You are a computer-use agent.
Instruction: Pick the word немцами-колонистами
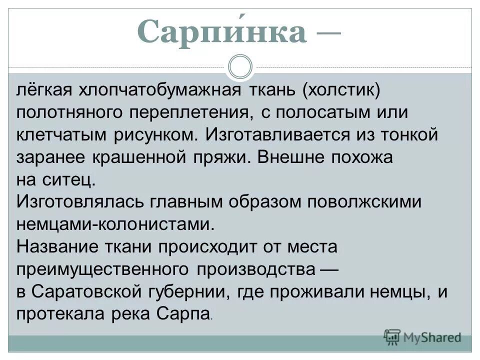click(115, 223)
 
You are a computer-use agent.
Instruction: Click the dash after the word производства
click(328, 269)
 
